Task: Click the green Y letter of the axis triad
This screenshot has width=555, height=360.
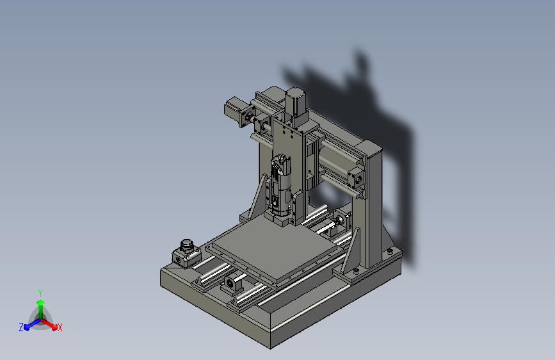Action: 40,291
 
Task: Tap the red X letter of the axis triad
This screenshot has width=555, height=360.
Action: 60,327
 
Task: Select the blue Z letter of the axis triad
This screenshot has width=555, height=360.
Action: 21,327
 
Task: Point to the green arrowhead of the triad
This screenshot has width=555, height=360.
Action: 40,302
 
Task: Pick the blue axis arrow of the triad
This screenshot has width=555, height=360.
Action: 29,323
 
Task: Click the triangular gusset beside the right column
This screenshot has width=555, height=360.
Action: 353,253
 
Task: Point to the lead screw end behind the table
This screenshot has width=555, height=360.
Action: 337,224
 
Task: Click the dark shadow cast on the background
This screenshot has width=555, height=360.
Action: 384,128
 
